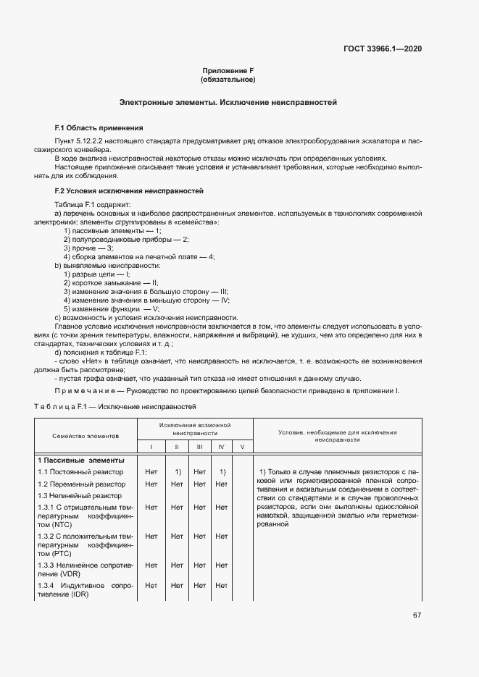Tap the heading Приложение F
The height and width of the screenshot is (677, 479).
coord(228,71)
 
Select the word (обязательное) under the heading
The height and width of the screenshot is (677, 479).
coord(228,80)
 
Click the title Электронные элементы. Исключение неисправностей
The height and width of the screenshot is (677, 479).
coord(228,103)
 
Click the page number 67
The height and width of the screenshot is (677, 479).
coord(417,615)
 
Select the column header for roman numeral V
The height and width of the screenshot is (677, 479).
coord(242,447)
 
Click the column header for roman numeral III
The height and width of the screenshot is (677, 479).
coord(199,447)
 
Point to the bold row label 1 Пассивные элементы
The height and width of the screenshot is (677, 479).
coord(81,460)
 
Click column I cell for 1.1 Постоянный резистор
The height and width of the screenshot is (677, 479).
coord(151,472)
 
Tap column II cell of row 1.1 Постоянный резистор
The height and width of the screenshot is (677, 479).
coord(177,472)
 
